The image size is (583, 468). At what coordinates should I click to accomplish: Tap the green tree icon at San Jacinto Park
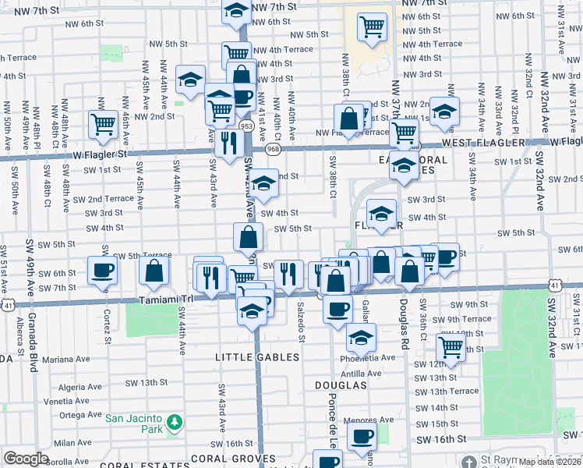[x=176, y=422]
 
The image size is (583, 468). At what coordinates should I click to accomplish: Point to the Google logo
[x=26, y=459]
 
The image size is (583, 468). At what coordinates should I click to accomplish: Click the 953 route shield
[x=247, y=126]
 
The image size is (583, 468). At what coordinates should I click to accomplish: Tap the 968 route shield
[x=273, y=147]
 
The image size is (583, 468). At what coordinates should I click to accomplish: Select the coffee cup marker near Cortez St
[x=103, y=270]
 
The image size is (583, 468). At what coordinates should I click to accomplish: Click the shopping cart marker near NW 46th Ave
[x=103, y=124]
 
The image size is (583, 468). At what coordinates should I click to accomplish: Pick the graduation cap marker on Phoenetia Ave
[x=360, y=337]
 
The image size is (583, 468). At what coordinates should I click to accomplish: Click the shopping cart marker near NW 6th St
[x=373, y=27]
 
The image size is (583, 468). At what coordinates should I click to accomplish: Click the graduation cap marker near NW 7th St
[x=235, y=9]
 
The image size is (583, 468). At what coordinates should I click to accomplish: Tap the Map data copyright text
[x=549, y=462]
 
